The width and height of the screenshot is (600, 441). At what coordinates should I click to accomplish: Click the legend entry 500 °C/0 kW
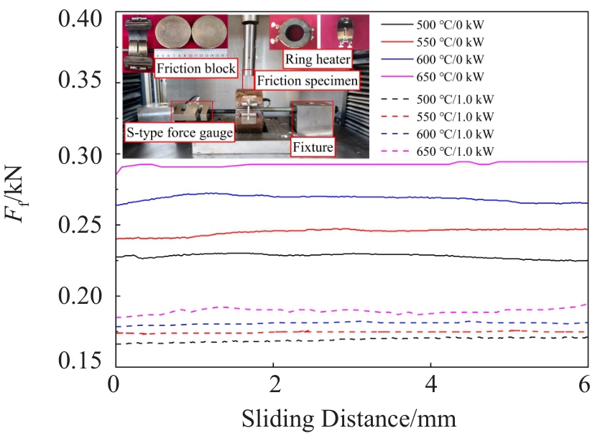(433, 25)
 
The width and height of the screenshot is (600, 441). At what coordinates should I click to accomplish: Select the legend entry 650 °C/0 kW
(433, 77)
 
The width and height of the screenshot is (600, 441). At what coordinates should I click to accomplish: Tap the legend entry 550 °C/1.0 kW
(438, 116)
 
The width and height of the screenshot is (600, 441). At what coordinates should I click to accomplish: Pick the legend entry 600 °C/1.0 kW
(438, 134)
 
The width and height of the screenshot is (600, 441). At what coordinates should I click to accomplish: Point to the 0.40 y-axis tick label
(80, 19)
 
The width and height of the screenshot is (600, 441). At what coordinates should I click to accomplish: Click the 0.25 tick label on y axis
(80, 225)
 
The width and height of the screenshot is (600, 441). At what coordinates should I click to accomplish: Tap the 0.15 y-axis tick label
(80, 361)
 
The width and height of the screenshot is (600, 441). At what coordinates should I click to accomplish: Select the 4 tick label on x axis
(431, 384)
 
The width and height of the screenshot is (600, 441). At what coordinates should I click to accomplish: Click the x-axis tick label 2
(274, 384)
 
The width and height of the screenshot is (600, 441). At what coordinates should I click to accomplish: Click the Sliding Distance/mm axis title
(349, 419)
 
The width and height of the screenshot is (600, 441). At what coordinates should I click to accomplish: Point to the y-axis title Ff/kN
(14, 194)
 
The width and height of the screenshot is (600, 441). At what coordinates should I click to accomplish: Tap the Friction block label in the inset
(196, 68)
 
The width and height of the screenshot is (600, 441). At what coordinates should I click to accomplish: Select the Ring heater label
(318, 60)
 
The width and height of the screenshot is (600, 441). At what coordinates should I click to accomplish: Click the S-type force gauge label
(180, 132)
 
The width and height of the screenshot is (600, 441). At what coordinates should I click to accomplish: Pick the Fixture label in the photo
(313, 147)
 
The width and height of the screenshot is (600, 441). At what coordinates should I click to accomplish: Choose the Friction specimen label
(307, 80)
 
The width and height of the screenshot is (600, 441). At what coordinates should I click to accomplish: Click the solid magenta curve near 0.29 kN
(352, 165)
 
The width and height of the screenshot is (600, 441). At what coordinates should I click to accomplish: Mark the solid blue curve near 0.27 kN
(352, 197)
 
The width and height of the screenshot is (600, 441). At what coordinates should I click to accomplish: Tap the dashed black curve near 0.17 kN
(352, 339)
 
